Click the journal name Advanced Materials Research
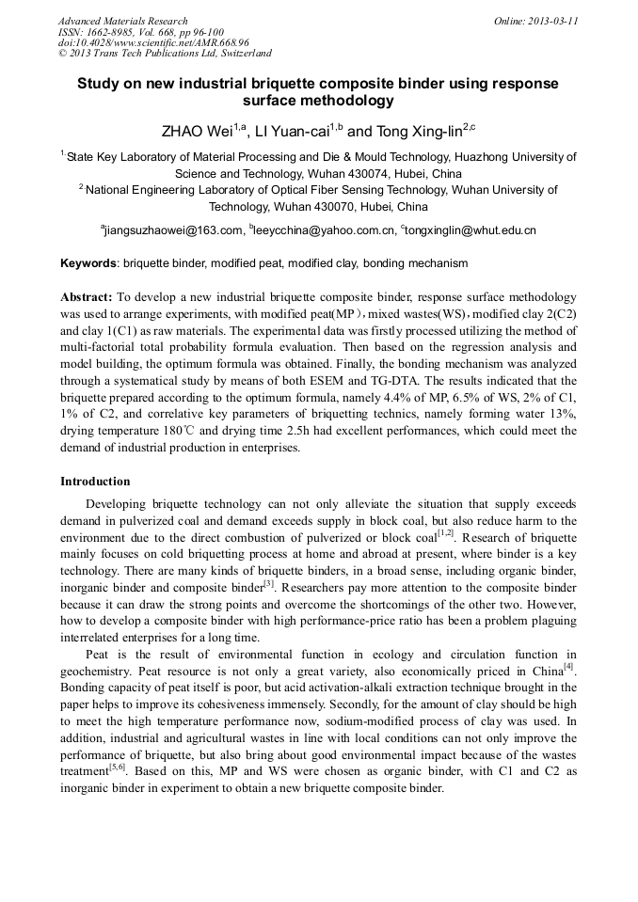tap(122, 21)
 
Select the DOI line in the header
tap(153, 42)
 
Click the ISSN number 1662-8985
tap(110, 32)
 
